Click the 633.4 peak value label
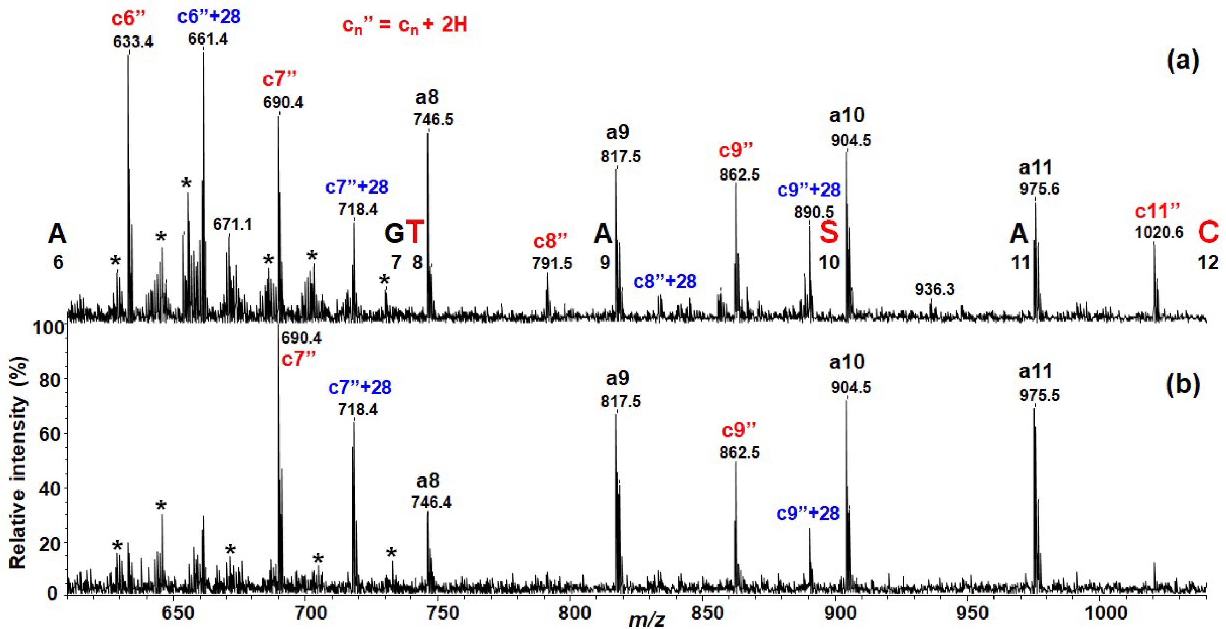[x=133, y=42]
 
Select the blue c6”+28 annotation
[x=209, y=17]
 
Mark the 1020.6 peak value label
[x=1158, y=232]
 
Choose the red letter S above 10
[x=829, y=233]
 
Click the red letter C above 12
[x=1208, y=233]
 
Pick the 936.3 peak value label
[x=934, y=289]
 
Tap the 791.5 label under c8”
[x=552, y=263]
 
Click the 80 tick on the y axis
[x=48, y=380]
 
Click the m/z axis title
[x=646, y=620]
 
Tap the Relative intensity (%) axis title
[x=18, y=461]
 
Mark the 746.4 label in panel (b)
[x=431, y=502]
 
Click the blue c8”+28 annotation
[x=665, y=282]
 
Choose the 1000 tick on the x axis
[x=1108, y=613]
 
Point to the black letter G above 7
[x=394, y=234]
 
